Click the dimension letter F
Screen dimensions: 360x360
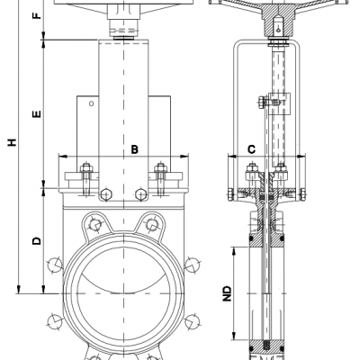pos(37,17)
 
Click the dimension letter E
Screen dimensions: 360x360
pos(37,114)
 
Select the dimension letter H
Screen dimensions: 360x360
pos(10,142)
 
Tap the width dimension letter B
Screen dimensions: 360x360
pos(132,148)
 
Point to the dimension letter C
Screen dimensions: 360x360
pos(252,148)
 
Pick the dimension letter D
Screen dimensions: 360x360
pos(37,240)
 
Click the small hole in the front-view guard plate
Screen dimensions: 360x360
pos(90,106)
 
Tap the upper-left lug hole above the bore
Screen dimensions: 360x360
pos(94,222)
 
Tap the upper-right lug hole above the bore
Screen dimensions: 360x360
pos(152,222)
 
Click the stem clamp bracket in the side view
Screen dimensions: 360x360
pos(271,103)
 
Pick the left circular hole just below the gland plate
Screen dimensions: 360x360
pos(106,194)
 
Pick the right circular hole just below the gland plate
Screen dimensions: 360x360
pos(140,194)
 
